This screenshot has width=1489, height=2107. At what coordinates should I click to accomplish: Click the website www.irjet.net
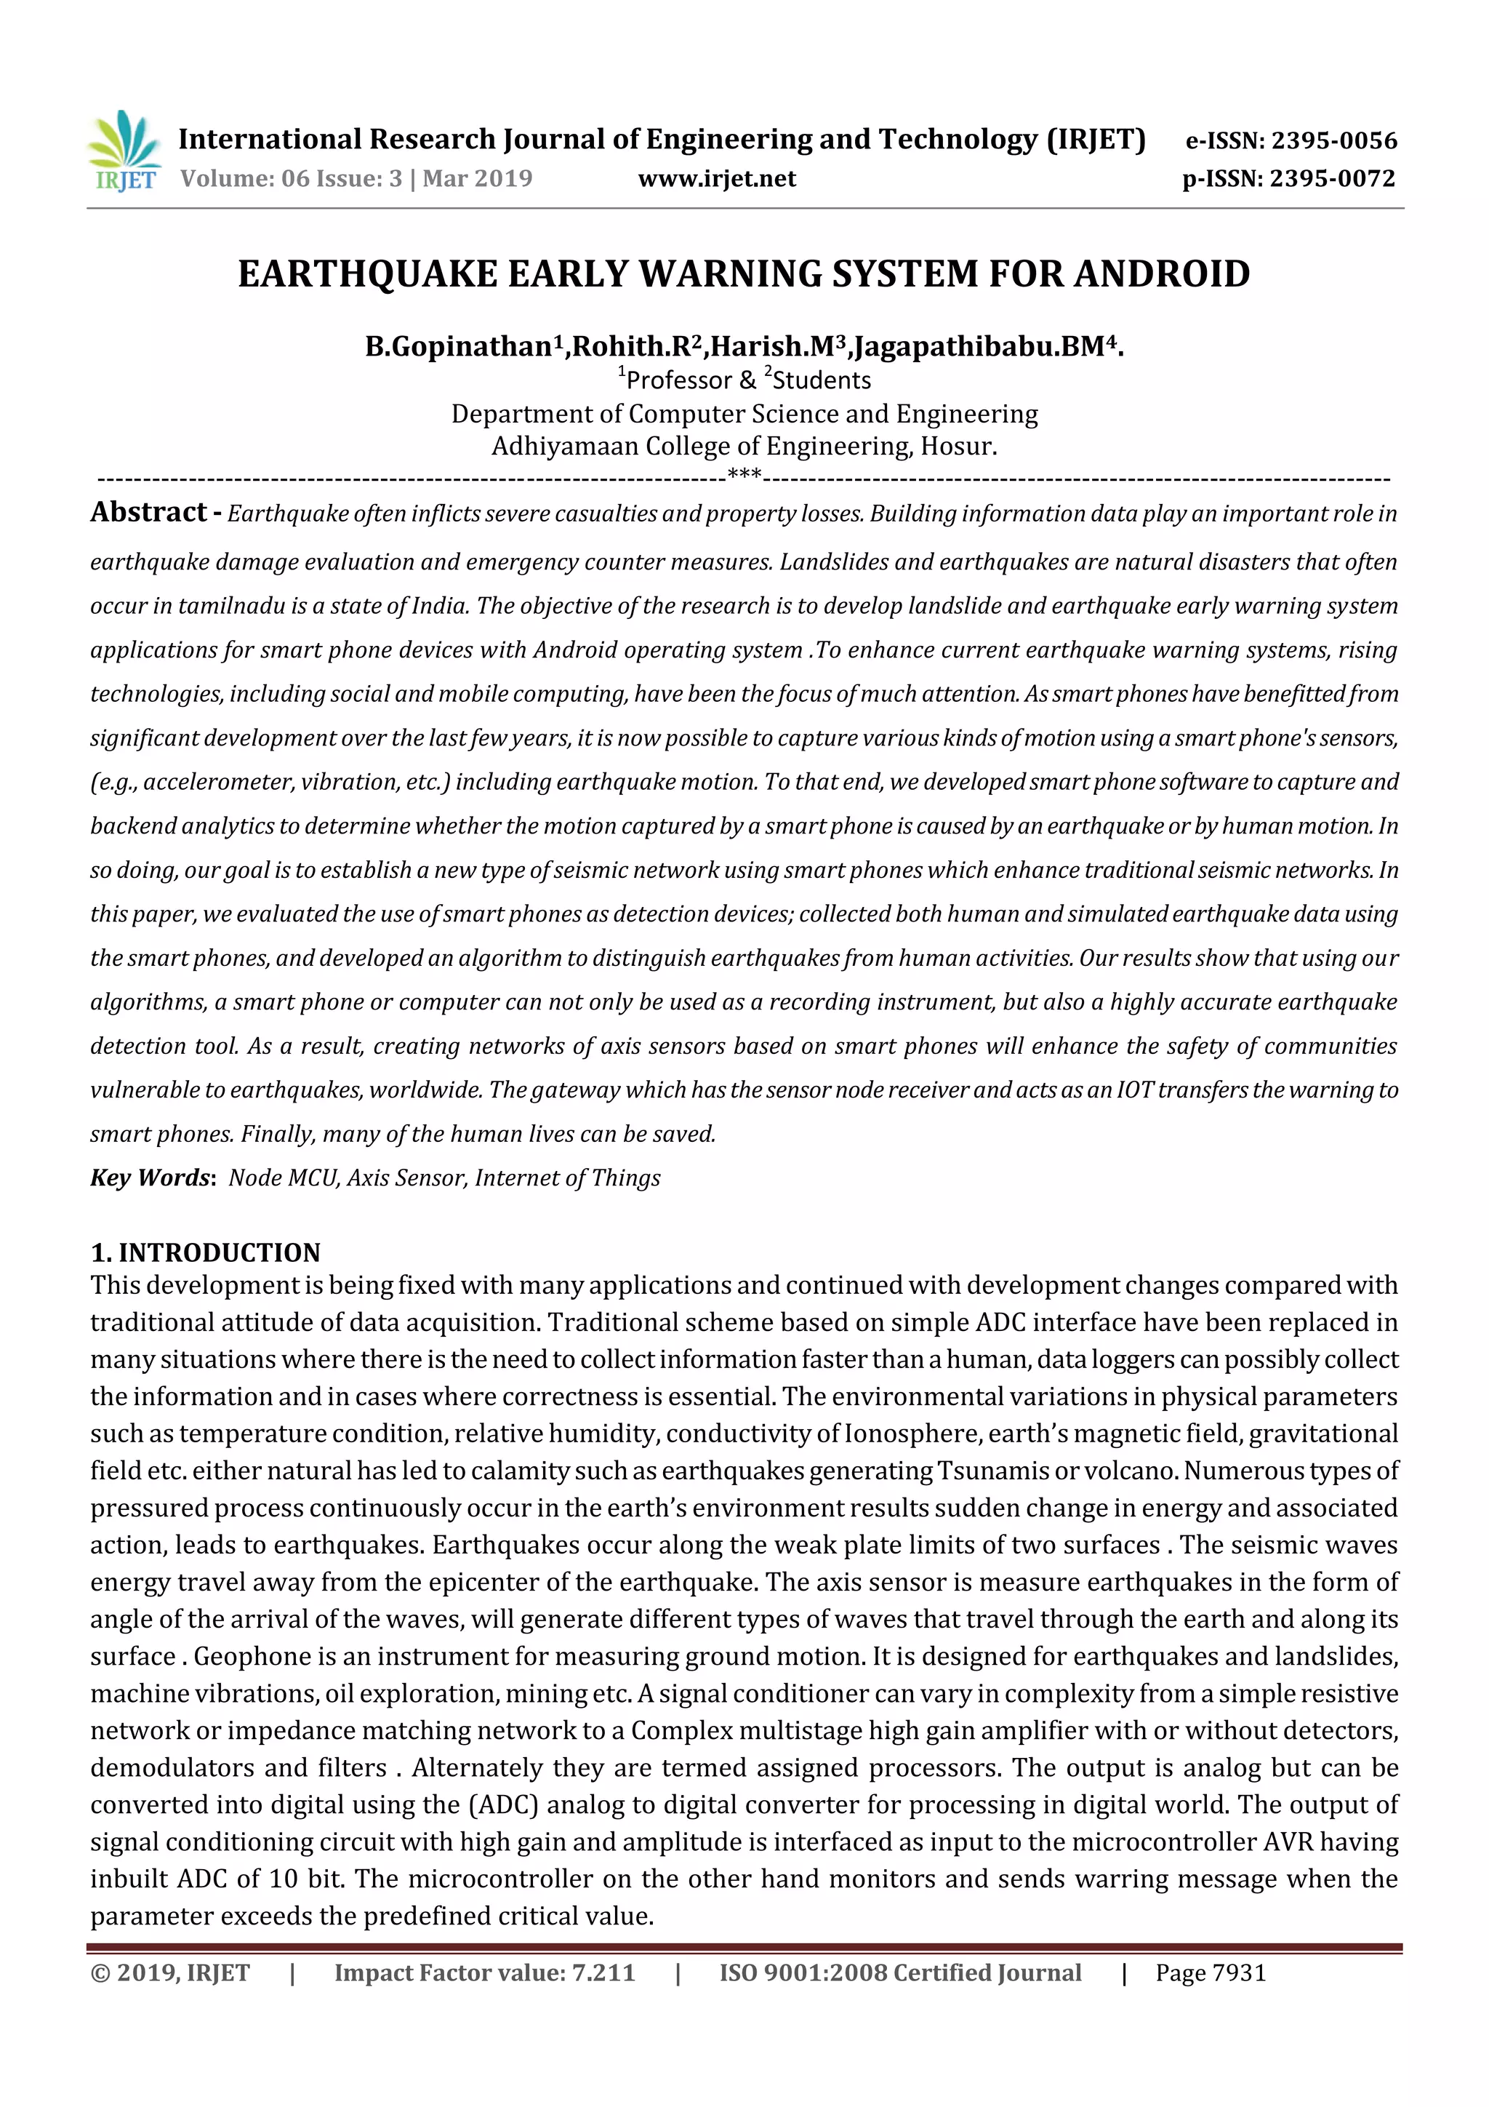[x=717, y=179]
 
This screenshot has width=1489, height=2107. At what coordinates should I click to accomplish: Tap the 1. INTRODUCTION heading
[x=206, y=1252]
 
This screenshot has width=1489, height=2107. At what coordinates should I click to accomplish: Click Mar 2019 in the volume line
[x=477, y=179]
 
